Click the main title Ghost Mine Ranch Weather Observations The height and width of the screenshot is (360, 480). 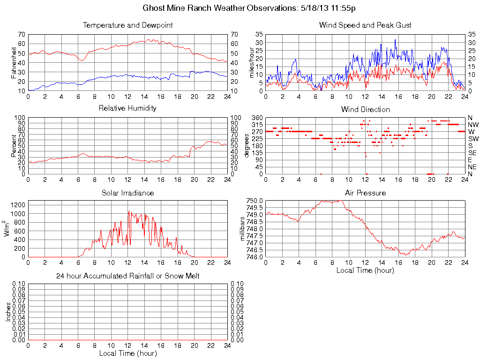pos(249,8)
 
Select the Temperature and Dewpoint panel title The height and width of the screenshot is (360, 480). pos(127,25)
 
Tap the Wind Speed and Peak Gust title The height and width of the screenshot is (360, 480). pos(365,25)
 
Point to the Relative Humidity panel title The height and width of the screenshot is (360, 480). pos(127,108)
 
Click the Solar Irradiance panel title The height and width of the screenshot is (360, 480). pos(127,193)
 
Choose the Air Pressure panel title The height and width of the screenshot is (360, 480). pos(365,193)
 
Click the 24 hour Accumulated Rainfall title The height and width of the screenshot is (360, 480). pos(127,276)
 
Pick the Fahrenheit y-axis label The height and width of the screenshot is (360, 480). pos(13,62)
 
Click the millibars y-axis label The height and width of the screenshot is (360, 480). pos(242,228)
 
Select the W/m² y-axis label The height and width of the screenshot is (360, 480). pos(7,228)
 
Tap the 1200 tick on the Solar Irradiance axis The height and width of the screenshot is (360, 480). pos(18,205)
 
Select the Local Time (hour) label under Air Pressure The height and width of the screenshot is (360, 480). pos(365,270)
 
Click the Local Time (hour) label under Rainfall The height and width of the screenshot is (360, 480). pos(127,353)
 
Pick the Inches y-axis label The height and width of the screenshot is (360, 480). pos(8,312)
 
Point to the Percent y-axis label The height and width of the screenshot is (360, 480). pos(13,145)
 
